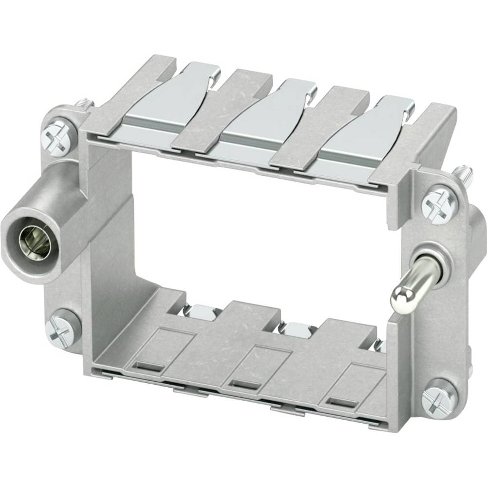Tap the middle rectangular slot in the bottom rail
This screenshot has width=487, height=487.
coord(243,383)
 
